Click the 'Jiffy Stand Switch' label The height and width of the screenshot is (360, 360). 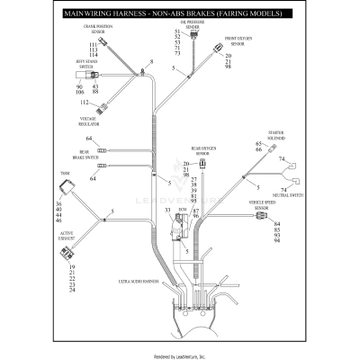86,64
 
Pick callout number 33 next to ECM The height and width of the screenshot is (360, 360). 167,209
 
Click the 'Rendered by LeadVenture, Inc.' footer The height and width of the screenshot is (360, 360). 179,355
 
